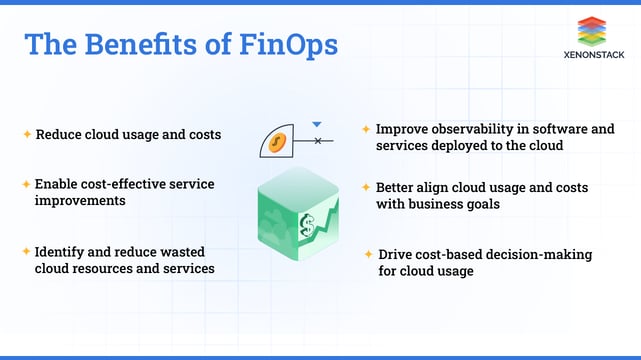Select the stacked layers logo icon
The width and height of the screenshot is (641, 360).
click(600, 31)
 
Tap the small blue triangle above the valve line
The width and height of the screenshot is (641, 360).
click(317, 125)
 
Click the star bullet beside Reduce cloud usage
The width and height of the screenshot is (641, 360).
click(27, 133)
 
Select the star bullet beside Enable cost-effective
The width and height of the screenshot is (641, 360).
click(27, 184)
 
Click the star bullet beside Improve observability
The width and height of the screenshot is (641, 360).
click(367, 128)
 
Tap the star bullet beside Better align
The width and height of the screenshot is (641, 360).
click(367, 187)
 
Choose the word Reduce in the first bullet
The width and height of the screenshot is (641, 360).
click(57, 134)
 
